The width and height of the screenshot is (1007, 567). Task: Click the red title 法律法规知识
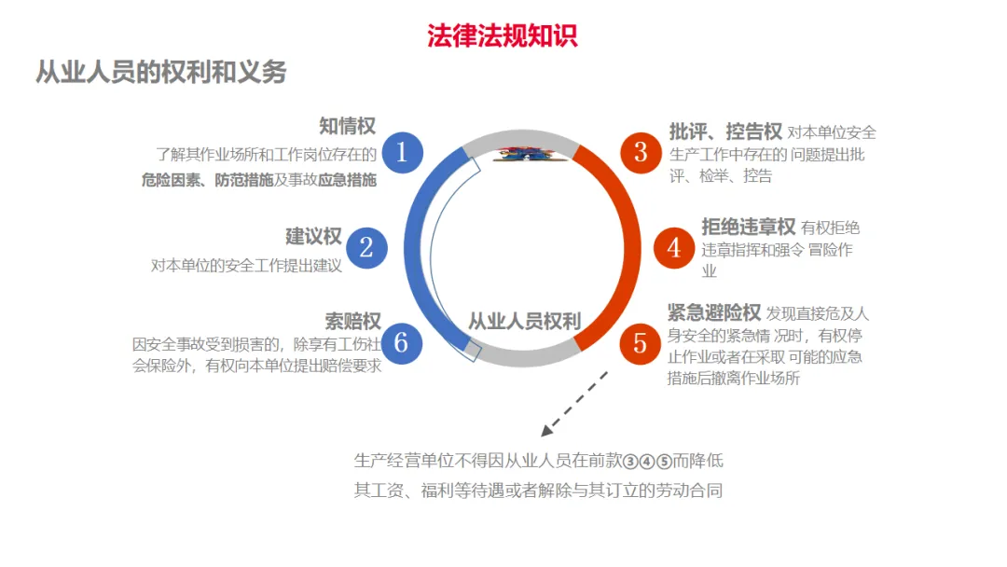click(503, 35)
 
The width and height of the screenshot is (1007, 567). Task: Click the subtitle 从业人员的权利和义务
click(160, 72)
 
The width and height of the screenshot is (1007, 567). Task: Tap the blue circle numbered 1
click(402, 151)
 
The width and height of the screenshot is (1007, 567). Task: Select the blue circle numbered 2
click(366, 247)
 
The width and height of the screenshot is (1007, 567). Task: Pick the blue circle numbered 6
click(402, 342)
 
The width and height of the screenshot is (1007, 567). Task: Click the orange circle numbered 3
click(641, 151)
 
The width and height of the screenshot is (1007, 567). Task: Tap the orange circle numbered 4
click(674, 247)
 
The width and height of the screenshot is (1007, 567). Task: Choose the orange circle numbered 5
click(641, 342)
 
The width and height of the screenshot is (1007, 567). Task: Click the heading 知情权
click(347, 126)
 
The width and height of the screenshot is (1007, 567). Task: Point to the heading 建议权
click(313, 237)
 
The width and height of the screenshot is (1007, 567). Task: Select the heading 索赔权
click(353, 321)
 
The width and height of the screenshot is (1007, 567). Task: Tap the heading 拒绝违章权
click(748, 227)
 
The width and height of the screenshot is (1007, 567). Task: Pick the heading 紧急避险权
click(714, 312)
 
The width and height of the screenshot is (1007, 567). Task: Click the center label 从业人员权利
click(524, 322)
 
